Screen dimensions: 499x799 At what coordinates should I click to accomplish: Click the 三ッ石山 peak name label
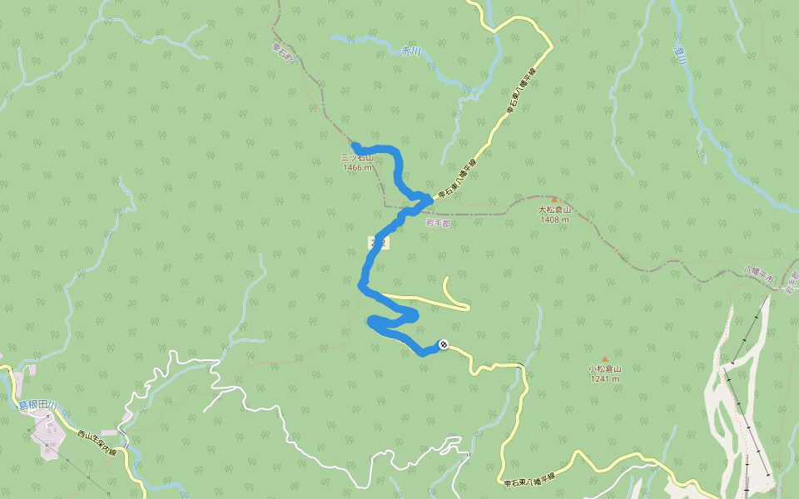coord(358,157)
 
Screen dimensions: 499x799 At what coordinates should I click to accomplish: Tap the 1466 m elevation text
coord(357,167)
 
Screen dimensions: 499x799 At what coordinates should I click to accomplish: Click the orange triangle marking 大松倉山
coord(554,200)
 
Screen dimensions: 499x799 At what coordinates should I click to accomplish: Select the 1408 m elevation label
coord(554,220)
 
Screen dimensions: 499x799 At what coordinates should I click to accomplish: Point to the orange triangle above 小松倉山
coord(605,359)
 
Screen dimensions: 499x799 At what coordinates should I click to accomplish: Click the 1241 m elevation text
coord(605,379)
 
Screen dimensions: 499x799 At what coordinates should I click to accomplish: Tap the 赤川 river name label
coord(411,51)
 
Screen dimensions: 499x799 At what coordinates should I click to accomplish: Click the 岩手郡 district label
coord(437,224)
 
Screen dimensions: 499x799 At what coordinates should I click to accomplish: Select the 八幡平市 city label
coord(758,274)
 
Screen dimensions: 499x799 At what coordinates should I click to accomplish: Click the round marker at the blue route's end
coord(443,343)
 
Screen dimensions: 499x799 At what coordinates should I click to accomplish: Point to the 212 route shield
coord(378,241)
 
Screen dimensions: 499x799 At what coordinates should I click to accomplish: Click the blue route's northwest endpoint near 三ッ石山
coord(355,146)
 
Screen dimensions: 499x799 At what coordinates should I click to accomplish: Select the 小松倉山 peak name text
coord(605,369)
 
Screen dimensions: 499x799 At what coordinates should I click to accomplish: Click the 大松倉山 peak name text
coord(554,210)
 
